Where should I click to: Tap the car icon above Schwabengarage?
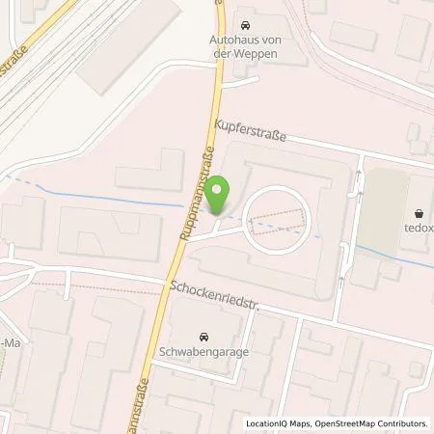[x=203, y=338]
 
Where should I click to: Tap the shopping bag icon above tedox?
[x=420, y=214]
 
